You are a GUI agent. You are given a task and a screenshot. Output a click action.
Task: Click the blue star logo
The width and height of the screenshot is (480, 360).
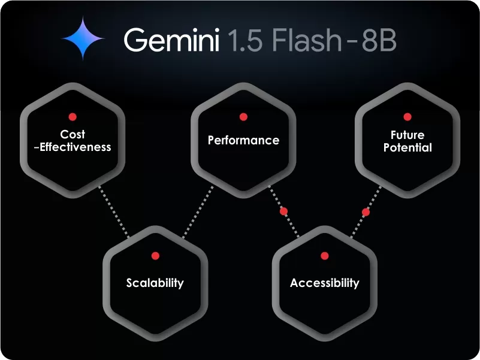pyautogui.click(x=83, y=38)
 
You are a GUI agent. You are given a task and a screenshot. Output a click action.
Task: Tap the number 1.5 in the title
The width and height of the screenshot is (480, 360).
pyautogui.click(x=246, y=41)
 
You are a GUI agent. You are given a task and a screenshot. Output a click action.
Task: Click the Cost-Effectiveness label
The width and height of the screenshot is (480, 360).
pyautogui.click(x=73, y=141)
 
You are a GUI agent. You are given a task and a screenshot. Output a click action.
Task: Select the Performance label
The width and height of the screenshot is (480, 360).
pyautogui.click(x=243, y=140)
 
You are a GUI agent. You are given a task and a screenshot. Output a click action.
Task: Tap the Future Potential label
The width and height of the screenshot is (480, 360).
pyautogui.click(x=407, y=141)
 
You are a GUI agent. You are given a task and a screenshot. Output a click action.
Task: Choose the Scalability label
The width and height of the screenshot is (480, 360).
pyautogui.click(x=155, y=283)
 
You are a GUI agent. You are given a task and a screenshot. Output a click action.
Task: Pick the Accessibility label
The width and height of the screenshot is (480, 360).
pyautogui.click(x=325, y=283)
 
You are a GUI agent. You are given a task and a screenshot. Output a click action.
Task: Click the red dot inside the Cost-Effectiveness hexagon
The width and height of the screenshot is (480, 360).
pyautogui.click(x=73, y=116)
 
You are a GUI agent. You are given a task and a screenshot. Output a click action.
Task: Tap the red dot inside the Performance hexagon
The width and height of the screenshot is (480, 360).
pyautogui.click(x=243, y=116)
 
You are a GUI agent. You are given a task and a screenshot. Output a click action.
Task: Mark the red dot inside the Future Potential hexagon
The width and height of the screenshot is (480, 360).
pyautogui.click(x=407, y=116)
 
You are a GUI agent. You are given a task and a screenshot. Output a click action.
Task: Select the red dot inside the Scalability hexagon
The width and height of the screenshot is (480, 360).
pyautogui.click(x=155, y=256)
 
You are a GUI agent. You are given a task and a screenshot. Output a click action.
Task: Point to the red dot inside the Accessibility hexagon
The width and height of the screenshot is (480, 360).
pyautogui.click(x=325, y=256)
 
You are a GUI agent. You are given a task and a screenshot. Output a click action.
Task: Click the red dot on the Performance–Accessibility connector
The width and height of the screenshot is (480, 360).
pyautogui.click(x=284, y=211)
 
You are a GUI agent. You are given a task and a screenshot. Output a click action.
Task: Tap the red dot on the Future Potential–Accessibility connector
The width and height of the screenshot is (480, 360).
pyautogui.click(x=366, y=212)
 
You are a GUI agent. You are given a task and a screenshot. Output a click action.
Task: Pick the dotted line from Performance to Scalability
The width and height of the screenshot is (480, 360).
pyautogui.click(x=198, y=212)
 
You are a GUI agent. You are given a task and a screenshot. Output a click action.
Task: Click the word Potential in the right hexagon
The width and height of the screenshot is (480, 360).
pyautogui.click(x=407, y=147)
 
